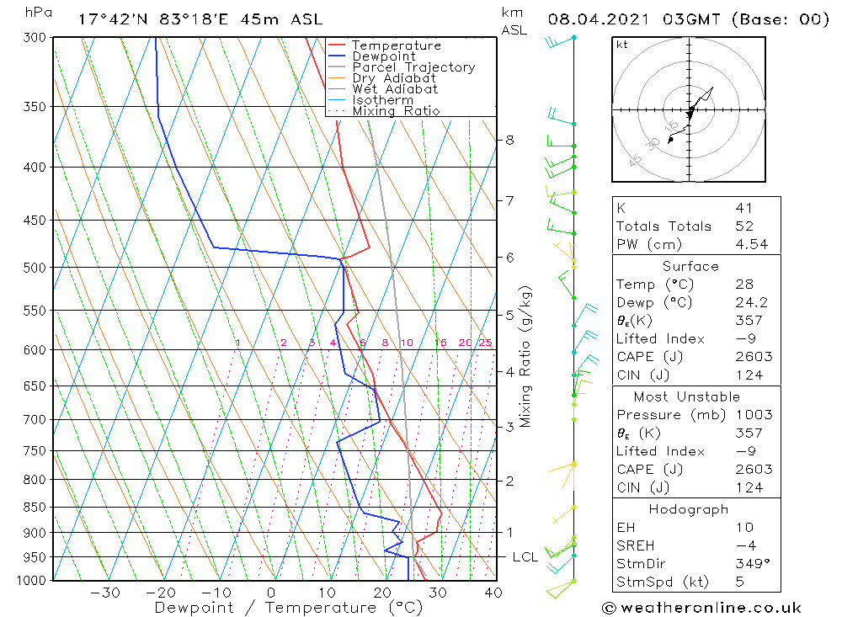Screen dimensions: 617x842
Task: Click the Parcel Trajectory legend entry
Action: [x=413, y=67]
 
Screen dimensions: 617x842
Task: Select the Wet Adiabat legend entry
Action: [x=395, y=89]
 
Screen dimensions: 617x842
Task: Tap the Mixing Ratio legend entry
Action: [x=396, y=111]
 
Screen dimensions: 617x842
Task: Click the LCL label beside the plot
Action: [x=525, y=557]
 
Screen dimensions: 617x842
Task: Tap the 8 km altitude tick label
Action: [x=509, y=140]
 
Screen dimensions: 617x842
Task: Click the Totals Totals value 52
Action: [x=743, y=226]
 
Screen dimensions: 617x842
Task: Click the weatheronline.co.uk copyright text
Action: [x=701, y=608]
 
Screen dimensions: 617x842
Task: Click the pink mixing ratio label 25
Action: [x=485, y=343]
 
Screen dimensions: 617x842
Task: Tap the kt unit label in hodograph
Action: [x=621, y=45]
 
